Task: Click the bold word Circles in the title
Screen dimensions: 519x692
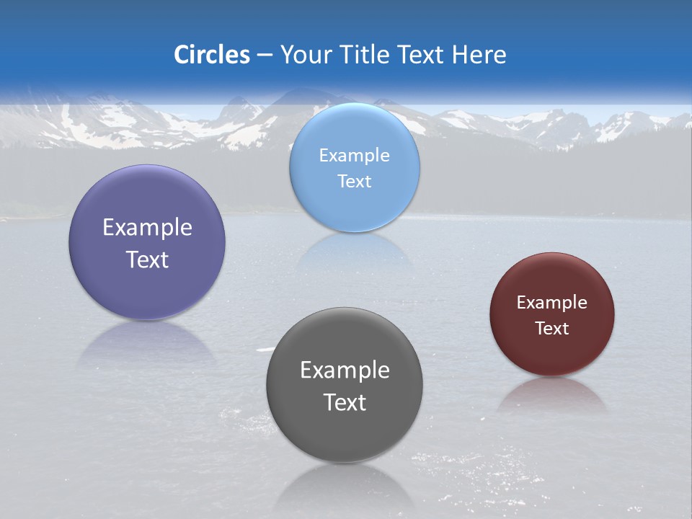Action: [212, 55]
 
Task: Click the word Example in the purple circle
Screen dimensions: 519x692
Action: [147, 228]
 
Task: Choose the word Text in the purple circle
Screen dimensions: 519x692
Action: [147, 259]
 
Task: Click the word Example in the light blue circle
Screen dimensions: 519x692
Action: [354, 156]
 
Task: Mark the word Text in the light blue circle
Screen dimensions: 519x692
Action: [354, 181]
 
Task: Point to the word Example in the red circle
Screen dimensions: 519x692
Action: [552, 303]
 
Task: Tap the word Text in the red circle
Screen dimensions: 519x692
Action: [552, 328]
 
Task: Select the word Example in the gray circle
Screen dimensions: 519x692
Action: [345, 371]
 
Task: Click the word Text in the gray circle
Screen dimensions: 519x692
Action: [345, 402]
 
